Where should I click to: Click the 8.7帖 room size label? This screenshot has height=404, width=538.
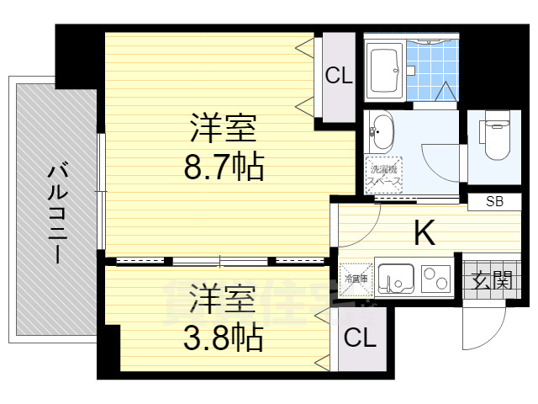coord(224,167)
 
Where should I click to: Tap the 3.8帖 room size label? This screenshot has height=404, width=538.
coord(224,338)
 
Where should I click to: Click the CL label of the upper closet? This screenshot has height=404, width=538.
coord(339,77)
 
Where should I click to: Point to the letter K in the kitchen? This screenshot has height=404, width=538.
coord(425,233)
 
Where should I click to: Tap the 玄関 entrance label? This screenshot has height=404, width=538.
coord(490,279)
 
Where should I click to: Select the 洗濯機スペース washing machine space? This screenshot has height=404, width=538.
coord(383,174)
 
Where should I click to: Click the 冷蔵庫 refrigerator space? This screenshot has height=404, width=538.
coord(353,278)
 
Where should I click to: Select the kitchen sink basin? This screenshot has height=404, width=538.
coord(396,277)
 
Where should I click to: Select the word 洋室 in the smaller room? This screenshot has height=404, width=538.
coord(224,300)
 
